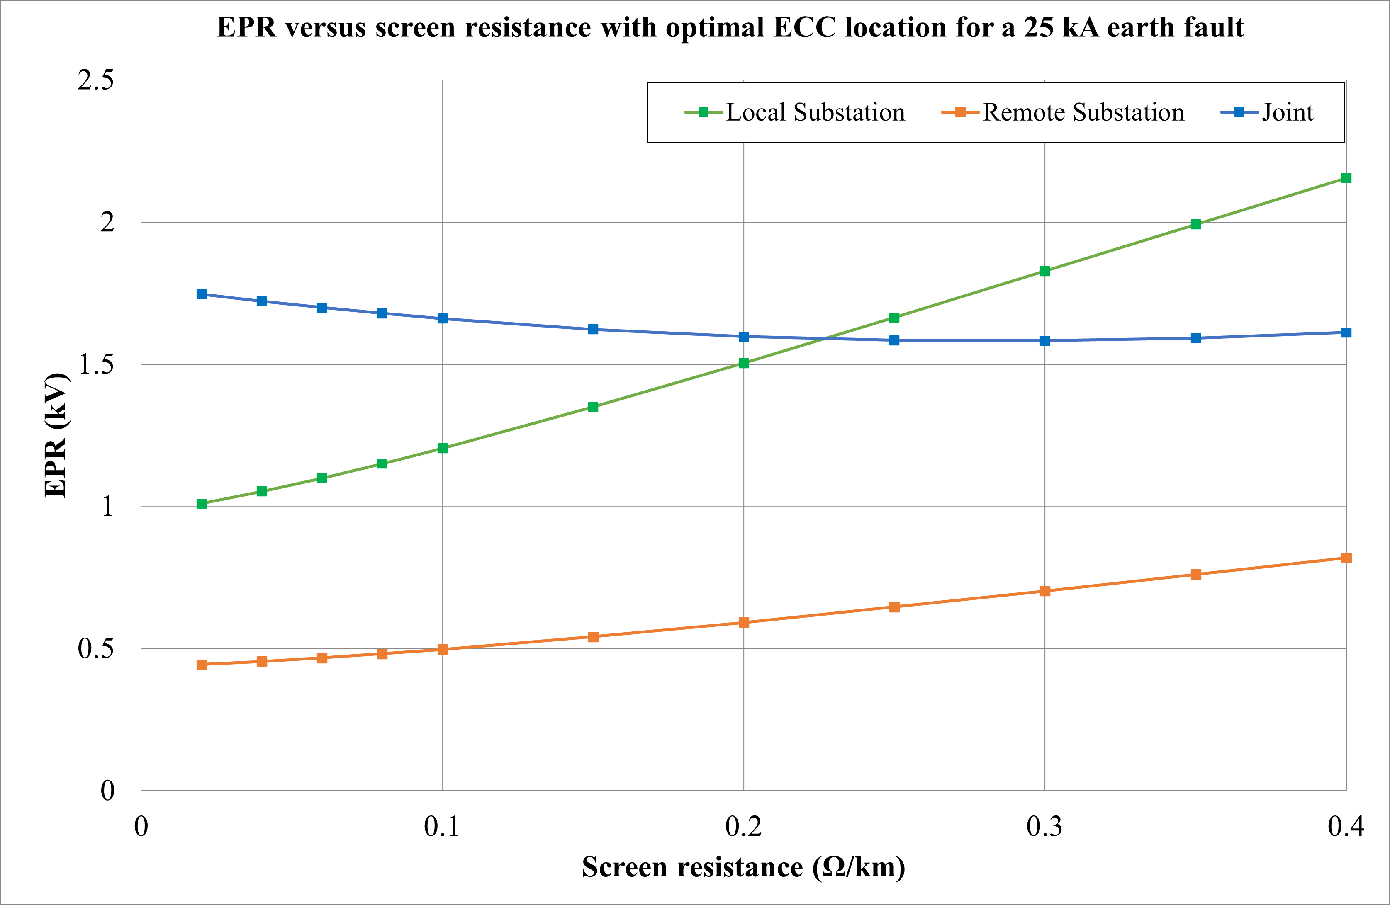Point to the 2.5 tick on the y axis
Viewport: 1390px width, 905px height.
click(96, 80)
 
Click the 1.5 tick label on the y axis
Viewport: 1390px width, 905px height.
click(96, 364)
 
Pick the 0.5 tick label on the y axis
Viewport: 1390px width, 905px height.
click(96, 649)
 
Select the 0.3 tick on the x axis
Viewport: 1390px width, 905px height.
click(1044, 827)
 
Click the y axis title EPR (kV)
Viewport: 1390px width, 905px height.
click(56, 435)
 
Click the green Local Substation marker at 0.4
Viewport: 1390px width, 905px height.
click(1346, 178)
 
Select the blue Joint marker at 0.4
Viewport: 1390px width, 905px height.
click(1346, 333)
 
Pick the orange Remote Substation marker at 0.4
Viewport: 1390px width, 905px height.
click(1346, 558)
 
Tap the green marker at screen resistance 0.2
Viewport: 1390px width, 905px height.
click(743, 363)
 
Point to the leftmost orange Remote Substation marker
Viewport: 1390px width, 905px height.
click(202, 665)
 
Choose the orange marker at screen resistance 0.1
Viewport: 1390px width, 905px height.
click(443, 649)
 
